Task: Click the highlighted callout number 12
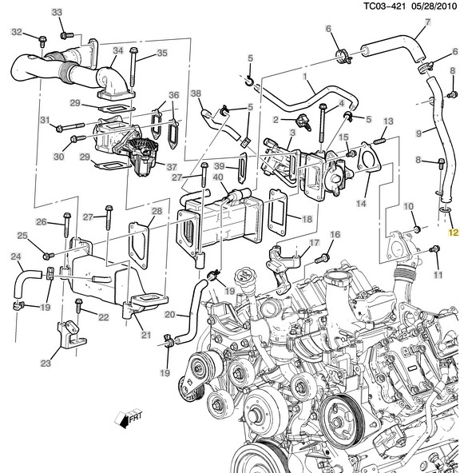(453, 233)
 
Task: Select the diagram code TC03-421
(384, 6)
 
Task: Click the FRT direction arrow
(128, 419)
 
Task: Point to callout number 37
(171, 167)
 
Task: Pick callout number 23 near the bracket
(46, 363)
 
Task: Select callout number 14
(361, 203)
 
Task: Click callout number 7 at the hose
(428, 22)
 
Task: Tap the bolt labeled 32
(42, 41)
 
